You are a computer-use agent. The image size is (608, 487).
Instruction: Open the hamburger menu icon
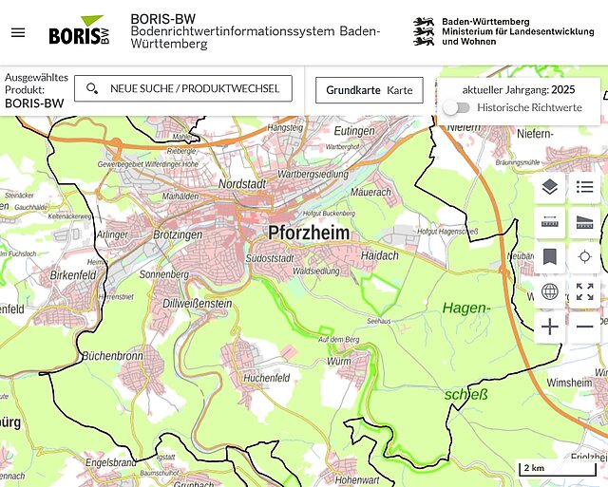(x=18, y=32)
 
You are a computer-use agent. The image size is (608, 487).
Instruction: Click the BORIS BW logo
(x=80, y=32)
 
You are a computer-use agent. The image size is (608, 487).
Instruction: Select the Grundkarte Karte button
(x=370, y=90)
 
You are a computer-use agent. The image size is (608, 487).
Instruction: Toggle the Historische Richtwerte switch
(x=457, y=108)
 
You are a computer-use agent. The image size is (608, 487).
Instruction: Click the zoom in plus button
(x=550, y=328)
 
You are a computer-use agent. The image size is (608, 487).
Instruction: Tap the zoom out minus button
(x=585, y=328)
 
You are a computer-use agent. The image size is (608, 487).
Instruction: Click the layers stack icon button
(x=550, y=187)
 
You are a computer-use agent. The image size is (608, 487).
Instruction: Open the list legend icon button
(x=585, y=187)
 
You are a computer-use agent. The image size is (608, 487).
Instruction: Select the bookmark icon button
(x=550, y=257)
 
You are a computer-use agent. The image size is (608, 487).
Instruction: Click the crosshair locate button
(x=585, y=257)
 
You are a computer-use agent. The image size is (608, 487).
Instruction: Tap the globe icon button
(x=550, y=292)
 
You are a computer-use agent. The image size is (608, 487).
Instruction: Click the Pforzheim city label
(x=308, y=233)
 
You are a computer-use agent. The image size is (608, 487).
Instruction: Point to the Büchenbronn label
(x=112, y=355)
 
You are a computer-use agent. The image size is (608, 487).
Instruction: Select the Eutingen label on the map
(x=354, y=130)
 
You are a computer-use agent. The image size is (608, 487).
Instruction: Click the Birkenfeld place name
(x=74, y=274)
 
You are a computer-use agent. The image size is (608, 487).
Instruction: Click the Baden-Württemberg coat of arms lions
(x=424, y=32)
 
